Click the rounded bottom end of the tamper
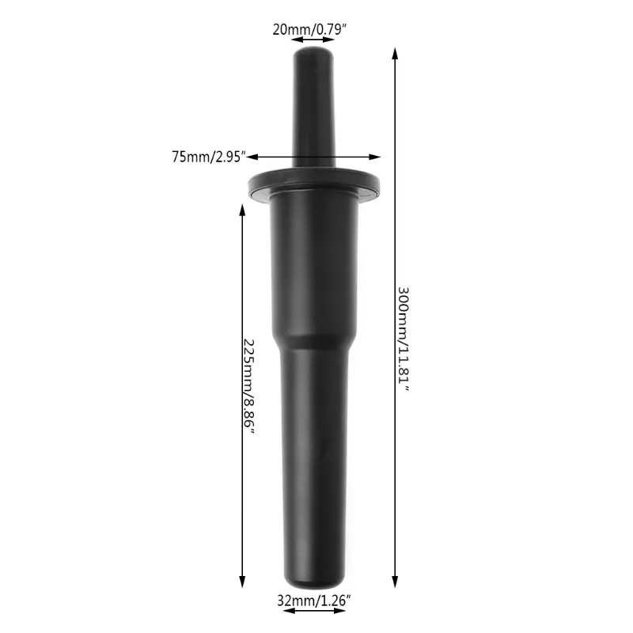316,584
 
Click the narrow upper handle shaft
316,111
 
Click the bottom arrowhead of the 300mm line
394,587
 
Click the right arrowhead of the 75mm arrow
377,157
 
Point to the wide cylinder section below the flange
316,269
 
